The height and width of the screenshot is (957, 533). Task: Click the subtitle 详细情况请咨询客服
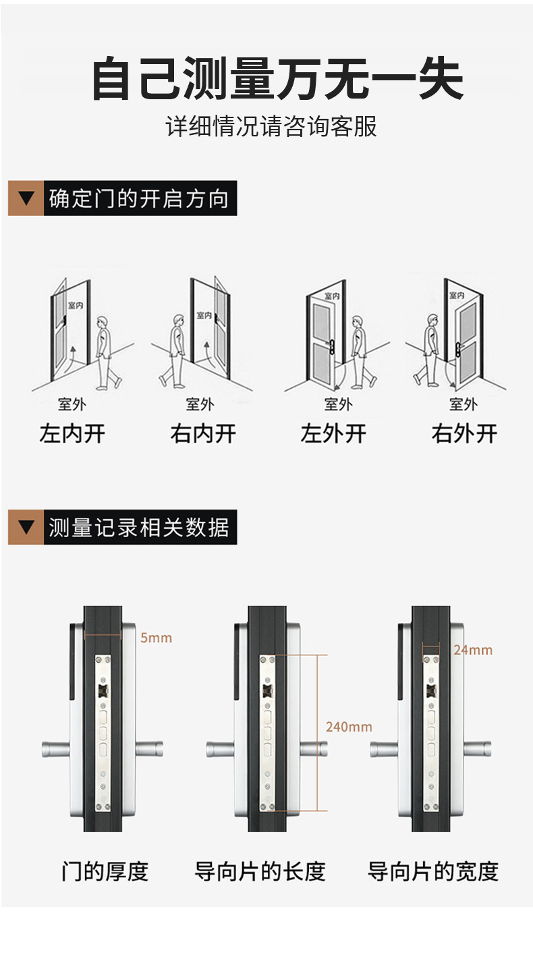pyautogui.click(x=271, y=127)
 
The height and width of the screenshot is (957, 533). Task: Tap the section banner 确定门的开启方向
pyautogui.click(x=139, y=199)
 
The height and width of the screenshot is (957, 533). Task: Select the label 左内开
pyautogui.click(x=72, y=434)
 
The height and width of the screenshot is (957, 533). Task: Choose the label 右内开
pyautogui.click(x=203, y=434)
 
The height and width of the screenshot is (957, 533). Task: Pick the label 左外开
pyautogui.click(x=333, y=434)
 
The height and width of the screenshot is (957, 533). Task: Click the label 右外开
pyautogui.click(x=464, y=434)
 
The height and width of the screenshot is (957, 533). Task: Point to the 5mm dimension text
pyautogui.click(x=156, y=638)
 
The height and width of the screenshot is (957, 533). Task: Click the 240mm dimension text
pyautogui.click(x=349, y=727)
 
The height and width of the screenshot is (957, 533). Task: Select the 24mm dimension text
pyautogui.click(x=473, y=650)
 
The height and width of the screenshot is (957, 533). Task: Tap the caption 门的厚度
pyautogui.click(x=105, y=871)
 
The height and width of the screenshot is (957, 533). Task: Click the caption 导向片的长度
pyautogui.click(x=260, y=871)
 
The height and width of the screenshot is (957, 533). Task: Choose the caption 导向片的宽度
pyautogui.click(x=433, y=871)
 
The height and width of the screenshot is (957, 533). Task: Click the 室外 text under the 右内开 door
pyautogui.click(x=200, y=404)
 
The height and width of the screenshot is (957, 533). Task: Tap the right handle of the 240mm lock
pyautogui.click(x=314, y=748)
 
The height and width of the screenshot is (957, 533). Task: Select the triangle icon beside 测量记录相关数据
pyautogui.click(x=26, y=527)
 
